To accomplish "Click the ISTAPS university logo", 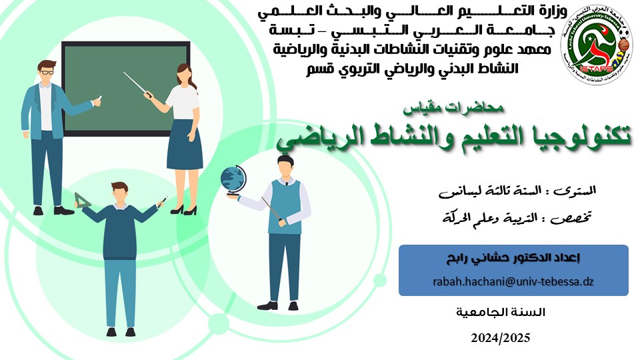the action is point(595,45).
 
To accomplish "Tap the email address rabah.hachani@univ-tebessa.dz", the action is point(513,281).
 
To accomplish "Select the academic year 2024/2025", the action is point(501,338).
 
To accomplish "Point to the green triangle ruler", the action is point(83,201).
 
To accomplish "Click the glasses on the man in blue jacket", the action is point(47,72).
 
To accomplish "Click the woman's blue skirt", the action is point(185,144).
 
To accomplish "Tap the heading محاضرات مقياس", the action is point(453,107).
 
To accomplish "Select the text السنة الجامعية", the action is point(501,313).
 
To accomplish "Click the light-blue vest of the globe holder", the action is point(286,207).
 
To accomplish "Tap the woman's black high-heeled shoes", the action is point(184,210).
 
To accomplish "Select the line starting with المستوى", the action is point(517,191).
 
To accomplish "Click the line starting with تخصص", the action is point(517,219).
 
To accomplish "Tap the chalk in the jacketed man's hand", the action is point(99,99).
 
